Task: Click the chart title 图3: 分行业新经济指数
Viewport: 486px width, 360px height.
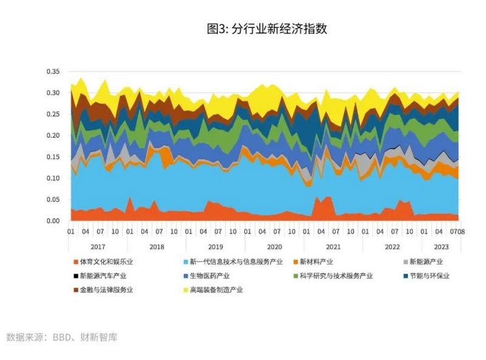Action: (267, 29)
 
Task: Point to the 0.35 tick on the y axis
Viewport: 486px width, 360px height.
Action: (53, 72)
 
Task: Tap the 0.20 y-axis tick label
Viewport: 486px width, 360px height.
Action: (53, 136)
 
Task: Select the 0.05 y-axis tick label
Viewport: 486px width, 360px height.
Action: (53, 199)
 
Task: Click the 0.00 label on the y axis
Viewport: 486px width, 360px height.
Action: (53, 221)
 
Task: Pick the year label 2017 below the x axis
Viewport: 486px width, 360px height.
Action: (98, 246)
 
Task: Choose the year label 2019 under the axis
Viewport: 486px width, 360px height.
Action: (216, 246)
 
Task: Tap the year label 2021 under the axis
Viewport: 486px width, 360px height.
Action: (333, 246)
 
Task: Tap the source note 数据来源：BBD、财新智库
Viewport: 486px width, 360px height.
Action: (61, 337)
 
